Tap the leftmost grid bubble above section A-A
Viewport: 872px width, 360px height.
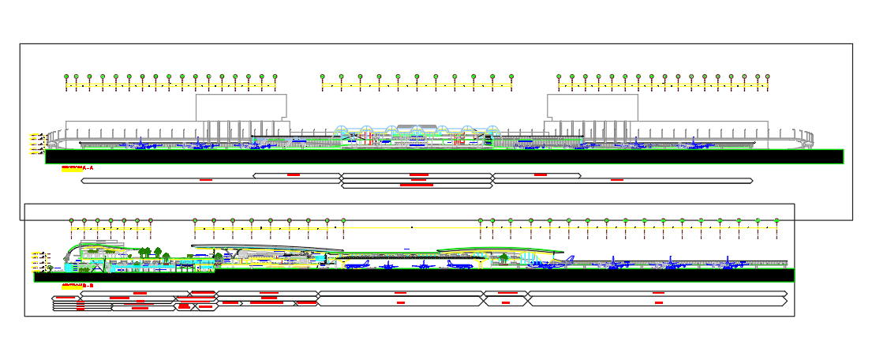click(67, 77)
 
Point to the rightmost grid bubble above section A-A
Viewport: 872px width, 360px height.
click(766, 77)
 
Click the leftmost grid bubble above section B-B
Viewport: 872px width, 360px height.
click(71, 221)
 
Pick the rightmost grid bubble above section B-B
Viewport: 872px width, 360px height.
click(777, 220)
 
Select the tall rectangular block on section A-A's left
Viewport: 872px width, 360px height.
click(241, 107)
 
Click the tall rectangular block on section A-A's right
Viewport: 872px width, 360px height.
click(592, 107)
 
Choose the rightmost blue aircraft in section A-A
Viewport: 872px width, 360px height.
click(694, 144)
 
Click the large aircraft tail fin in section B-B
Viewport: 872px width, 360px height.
click(567, 258)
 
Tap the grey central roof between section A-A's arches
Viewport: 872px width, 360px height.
click(416, 126)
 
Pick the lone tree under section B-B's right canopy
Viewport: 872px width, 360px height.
click(505, 257)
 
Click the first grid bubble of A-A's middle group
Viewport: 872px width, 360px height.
click(322, 77)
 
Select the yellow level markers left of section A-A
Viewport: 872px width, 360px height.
click(36, 144)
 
